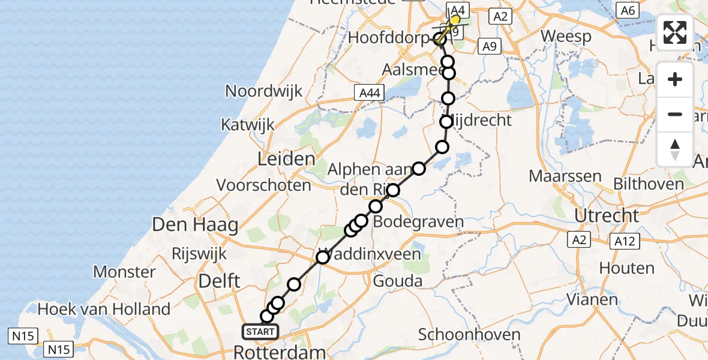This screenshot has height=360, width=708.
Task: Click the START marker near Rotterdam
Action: pos(260,331)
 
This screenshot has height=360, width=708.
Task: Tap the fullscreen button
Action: pos(675,33)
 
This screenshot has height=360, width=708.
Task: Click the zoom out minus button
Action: pos(675,114)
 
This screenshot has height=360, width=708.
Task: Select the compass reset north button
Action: pos(675,149)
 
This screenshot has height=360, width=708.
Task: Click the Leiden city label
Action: pos(286,160)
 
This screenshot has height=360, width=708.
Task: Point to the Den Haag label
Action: pos(195,226)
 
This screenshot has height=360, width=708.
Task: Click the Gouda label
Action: pos(397,281)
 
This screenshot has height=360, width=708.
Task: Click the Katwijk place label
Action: pos(247,125)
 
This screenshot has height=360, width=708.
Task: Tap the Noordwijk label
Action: pos(264,91)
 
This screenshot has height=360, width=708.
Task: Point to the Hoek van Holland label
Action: pos(104,310)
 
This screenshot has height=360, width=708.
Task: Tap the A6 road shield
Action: pos(628,10)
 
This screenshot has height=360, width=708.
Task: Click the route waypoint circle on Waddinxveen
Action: pos(323,257)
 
